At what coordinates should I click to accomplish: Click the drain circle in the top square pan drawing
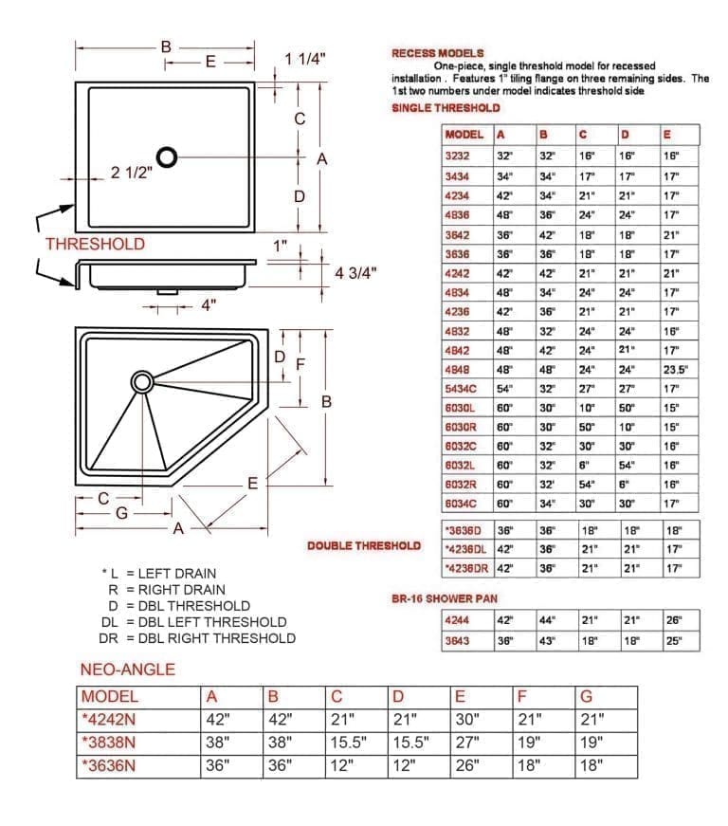[x=167, y=156]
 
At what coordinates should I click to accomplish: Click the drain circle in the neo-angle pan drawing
[x=142, y=381]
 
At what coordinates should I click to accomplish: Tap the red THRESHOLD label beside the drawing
[x=95, y=244]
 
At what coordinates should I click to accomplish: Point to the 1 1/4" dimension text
[x=305, y=59]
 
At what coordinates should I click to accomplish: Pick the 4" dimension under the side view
[x=208, y=305]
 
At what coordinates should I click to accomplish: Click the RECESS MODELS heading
[x=438, y=53]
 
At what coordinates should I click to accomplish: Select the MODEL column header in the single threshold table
[x=464, y=135]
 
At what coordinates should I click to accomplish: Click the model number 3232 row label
[x=456, y=155]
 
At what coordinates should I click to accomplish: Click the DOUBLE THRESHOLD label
[x=364, y=546]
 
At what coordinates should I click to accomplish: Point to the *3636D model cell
[x=464, y=531]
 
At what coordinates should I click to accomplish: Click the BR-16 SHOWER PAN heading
[x=445, y=599]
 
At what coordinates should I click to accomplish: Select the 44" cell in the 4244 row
[x=547, y=620]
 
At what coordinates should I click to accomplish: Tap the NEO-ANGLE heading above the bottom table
[x=127, y=670]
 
